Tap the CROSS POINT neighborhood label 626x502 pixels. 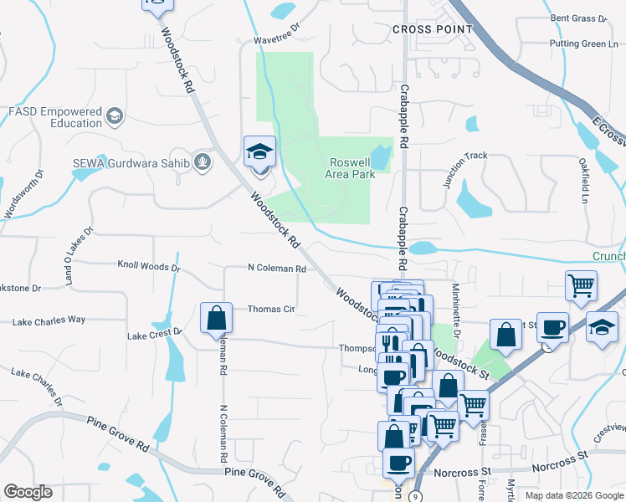(x=433, y=29)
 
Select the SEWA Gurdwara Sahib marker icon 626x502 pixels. (x=201, y=161)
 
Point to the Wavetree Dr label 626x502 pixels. (x=276, y=39)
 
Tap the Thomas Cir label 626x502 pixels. (x=271, y=310)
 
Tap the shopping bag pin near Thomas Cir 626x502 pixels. (x=216, y=319)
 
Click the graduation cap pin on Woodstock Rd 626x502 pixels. (x=259, y=153)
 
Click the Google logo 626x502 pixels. (x=28, y=492)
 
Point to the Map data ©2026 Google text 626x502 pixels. (x=573, y=495)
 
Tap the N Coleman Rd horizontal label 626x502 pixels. (x=277, y=269)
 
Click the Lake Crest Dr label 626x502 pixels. (x=154, y=335)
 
